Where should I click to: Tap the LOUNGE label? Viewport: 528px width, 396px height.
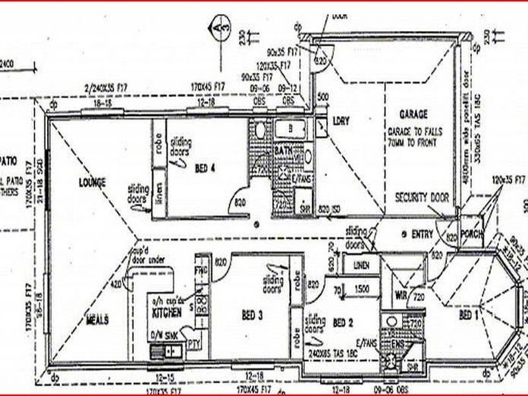pos(92,181)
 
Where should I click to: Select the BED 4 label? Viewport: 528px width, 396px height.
pos(205,168)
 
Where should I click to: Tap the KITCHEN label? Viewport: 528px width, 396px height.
pos(167,309)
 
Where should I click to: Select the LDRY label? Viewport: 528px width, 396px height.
pos(341,121)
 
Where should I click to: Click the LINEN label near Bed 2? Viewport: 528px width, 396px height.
pos(362,265)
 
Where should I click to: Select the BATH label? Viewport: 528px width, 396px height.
pos(283,152)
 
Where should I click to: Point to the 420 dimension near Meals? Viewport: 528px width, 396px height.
pos(116,285)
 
